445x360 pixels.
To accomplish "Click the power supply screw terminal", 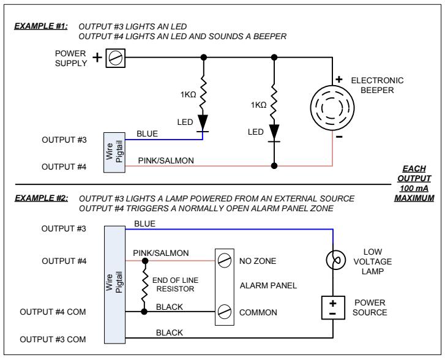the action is pos(116,58).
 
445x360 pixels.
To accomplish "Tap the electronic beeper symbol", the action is pos(332,108).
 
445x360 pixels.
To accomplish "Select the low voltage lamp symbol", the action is pos(335,260).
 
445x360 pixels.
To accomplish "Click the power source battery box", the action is pos(333,308).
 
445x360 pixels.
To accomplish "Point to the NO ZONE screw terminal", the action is pos(224,260).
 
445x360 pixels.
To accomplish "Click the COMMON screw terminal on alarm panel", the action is pos(224,312).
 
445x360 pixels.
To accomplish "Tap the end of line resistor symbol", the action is pos(144,286).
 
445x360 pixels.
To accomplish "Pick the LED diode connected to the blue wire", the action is pos(203,123).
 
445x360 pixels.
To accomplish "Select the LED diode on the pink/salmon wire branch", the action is pos(274,133).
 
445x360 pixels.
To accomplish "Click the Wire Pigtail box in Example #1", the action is pos(114,152).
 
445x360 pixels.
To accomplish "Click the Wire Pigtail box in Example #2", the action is pos(114,285).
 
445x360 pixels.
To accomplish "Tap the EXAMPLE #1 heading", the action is pos(41,26).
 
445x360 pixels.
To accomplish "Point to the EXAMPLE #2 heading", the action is pos(42,198).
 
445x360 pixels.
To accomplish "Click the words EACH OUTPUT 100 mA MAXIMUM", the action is pos(414,184).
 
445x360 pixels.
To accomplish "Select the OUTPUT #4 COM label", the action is pos(53,312).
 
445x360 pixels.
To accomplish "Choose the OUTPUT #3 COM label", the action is pos(53,339).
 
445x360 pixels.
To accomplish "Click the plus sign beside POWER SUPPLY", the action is pos(97,58).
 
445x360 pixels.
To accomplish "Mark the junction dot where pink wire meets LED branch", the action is pos(274,166).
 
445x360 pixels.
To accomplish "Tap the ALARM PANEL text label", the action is pos(268,285).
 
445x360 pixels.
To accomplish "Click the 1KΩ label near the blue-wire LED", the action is pos(188,94).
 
